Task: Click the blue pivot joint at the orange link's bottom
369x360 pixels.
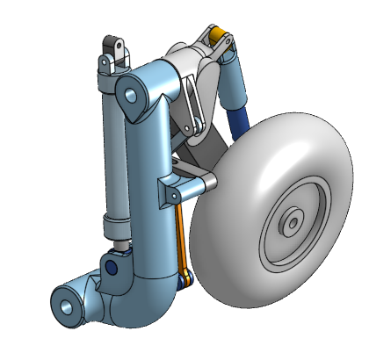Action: coord(185,281)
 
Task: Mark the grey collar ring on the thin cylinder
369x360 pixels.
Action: coord(118,220)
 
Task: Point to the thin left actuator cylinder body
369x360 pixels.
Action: coord(111,149)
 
